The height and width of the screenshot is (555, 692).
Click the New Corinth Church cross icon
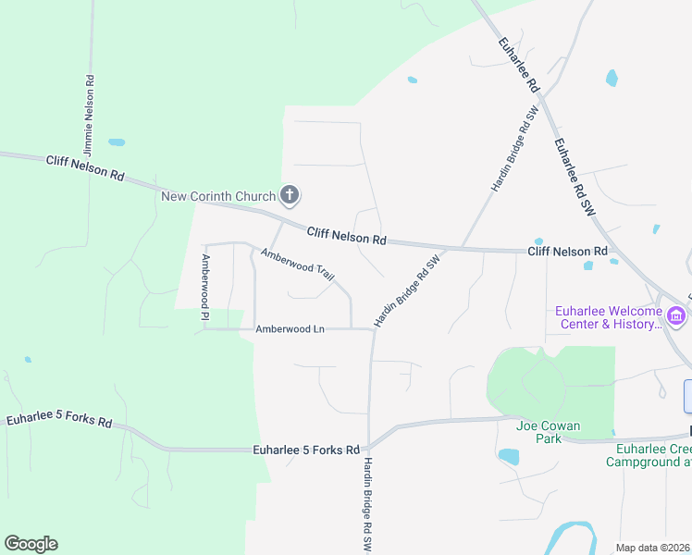290,195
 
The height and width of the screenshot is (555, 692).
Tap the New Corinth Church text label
218,196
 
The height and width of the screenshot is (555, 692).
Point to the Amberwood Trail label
297,265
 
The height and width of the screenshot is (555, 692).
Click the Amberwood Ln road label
290,328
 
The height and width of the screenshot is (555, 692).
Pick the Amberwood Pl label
206,289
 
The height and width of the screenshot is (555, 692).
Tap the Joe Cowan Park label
549,432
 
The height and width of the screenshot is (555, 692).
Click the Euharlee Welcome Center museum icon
676,317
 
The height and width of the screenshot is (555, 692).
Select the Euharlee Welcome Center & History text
608,317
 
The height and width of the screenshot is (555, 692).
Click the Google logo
31,544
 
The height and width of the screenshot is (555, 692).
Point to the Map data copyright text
653,548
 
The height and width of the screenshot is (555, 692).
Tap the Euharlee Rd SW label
574,179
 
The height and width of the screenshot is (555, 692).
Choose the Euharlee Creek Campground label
649,455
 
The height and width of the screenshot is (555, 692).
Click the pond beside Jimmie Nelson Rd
117,142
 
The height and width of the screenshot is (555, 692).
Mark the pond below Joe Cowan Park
508,456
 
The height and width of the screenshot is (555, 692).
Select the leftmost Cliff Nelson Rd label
85,167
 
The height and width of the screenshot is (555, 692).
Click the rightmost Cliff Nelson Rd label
567,252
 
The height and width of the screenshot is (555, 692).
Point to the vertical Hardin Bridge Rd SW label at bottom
367,505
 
